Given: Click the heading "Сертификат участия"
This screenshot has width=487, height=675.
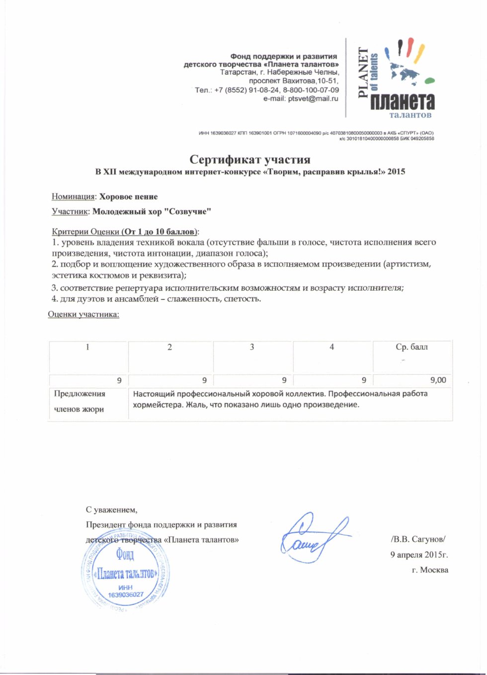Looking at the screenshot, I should click(250, 160).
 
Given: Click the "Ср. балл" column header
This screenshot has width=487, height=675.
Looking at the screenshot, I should click(411, 347).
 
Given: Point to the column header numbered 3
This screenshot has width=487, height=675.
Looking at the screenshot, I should click(252, 347).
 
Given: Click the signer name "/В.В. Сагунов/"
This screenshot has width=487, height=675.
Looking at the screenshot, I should click(418, 539).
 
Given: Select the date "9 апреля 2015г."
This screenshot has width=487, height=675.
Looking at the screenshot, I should click(419, 555).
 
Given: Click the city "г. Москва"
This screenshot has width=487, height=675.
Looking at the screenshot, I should click(430, 570).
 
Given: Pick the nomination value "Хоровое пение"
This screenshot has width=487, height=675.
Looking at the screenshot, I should click(128, 196).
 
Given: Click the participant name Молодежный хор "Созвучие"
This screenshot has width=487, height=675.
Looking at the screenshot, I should click(152, 211).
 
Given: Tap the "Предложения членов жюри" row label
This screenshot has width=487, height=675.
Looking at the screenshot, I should click(80, 401).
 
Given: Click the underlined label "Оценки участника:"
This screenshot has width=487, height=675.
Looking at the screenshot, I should click(83, 314).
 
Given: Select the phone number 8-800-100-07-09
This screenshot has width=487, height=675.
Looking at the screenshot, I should click(311, 90).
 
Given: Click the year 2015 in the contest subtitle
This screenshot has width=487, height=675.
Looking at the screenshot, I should click(396, 172).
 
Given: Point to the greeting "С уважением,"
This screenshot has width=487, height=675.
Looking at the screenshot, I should click(111, 509).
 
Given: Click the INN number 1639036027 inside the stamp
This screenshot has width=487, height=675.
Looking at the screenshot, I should click(125, 594).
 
